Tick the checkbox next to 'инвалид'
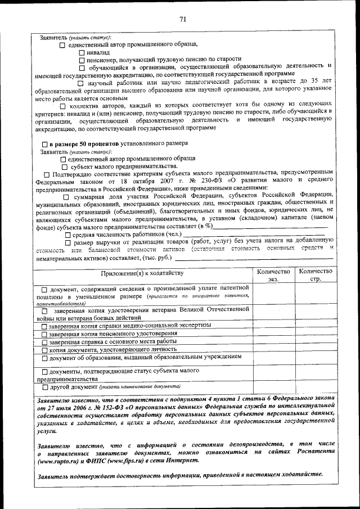(x=82, y=52)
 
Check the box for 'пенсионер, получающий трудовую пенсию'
(x=82, y=59)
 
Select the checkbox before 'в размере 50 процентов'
(x=45, y=144)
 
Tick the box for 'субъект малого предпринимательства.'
(x=64, y=166)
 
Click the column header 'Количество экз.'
(x=273, y=275)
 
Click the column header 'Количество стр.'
(x=315, y=275)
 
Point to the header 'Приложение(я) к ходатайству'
(x=142, y=274)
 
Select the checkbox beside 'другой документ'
(x=44, y=388)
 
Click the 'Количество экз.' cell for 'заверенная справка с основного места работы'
(x=273, y=341)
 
